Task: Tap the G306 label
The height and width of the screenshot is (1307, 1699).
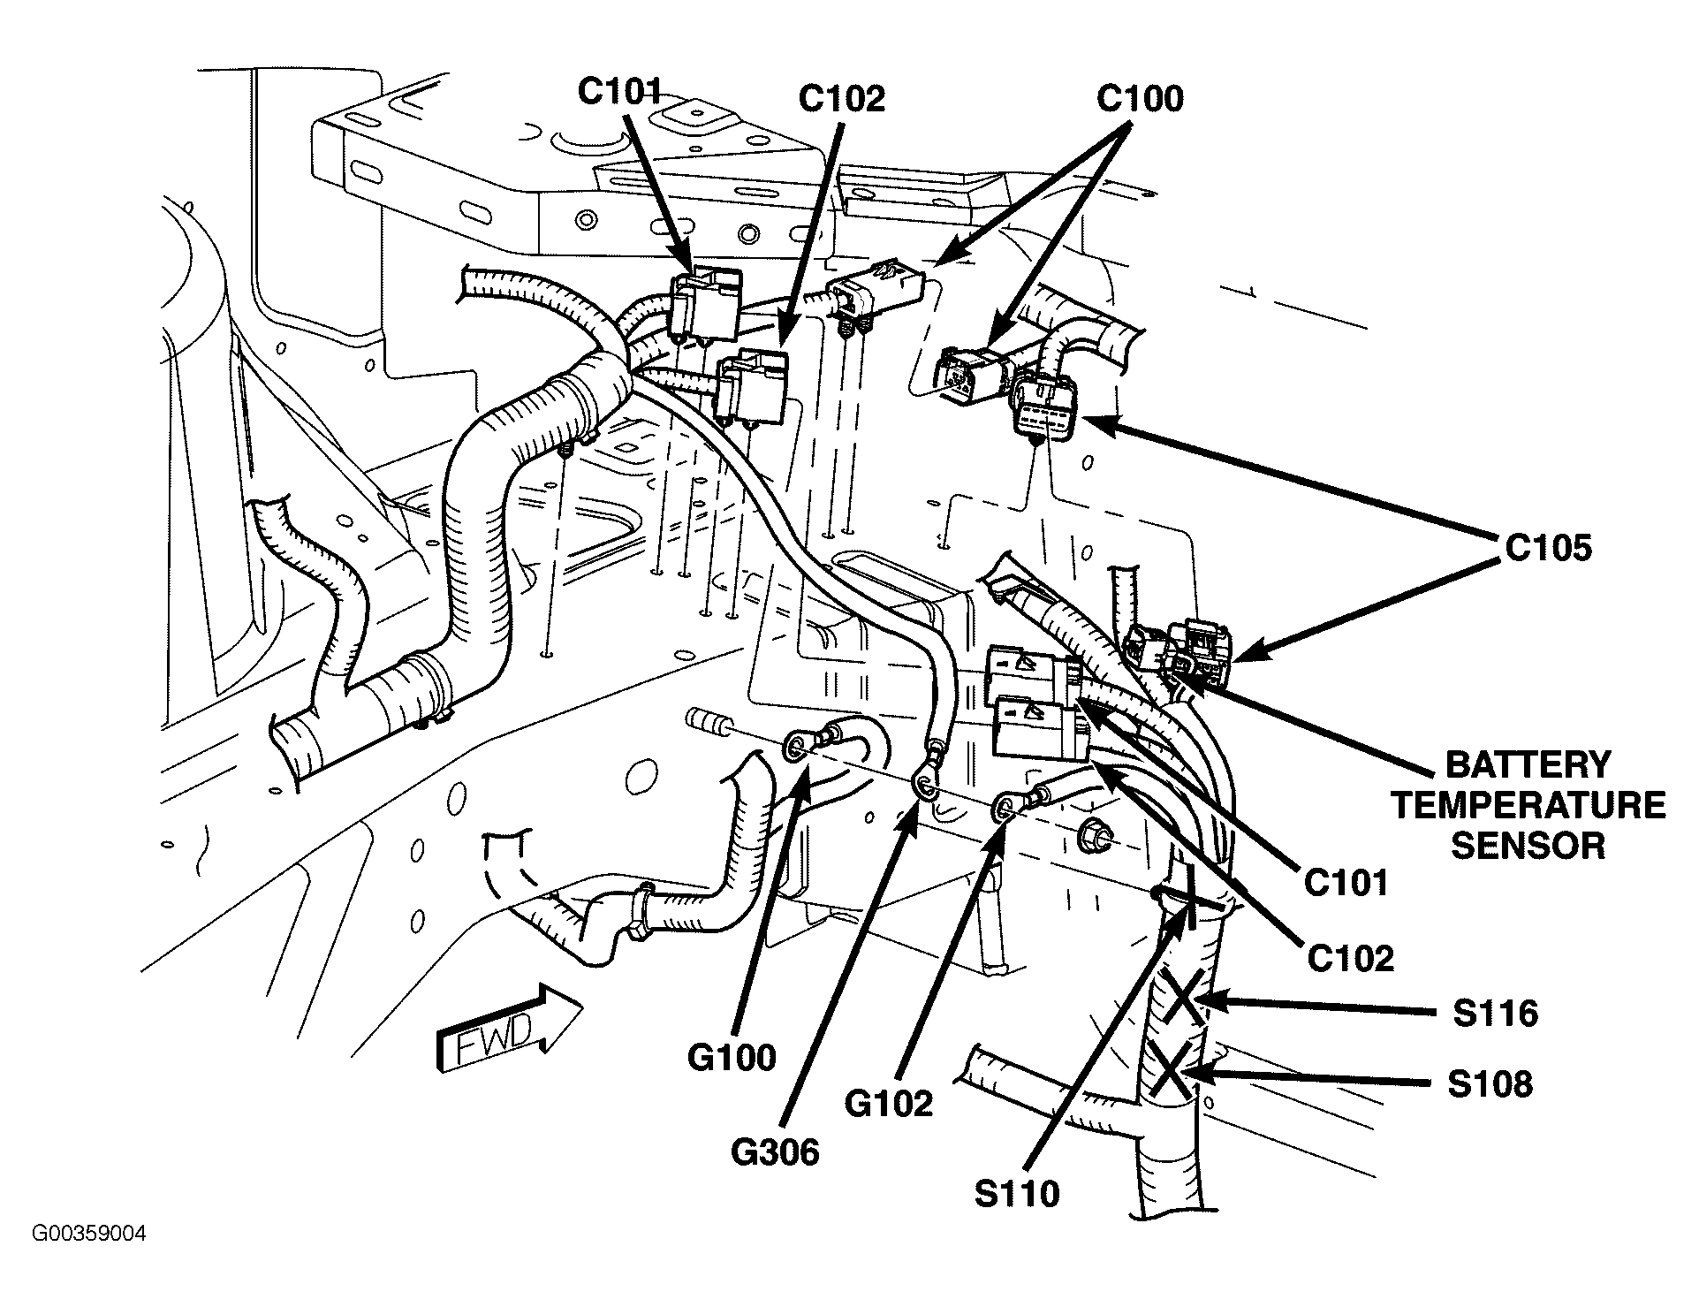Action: click(774, 1151)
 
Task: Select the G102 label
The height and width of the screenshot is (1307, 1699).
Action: click(888, 1104)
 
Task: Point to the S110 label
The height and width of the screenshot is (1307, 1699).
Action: click(1017, 1194)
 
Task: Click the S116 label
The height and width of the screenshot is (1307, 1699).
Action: click(1495, 1013)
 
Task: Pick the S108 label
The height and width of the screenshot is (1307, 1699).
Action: click(1490, 1084)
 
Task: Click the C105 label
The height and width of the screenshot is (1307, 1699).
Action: click(1548, 548)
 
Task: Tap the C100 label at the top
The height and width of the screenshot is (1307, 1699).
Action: click(1140, 99)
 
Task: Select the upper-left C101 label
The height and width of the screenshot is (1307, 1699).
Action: click(619, 90)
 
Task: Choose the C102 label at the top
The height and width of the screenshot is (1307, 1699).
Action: click(841, 99)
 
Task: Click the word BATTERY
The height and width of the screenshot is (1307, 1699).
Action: click(1528, 764)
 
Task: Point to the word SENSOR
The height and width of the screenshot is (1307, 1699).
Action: click(1528, 846)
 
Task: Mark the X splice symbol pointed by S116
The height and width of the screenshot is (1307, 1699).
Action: click(1182, 996)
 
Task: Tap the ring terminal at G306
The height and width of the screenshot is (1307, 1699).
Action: click(923, 781)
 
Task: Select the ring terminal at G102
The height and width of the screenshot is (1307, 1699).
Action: click(1005, 806)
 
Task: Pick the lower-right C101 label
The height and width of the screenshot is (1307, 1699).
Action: click(1346, 881)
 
